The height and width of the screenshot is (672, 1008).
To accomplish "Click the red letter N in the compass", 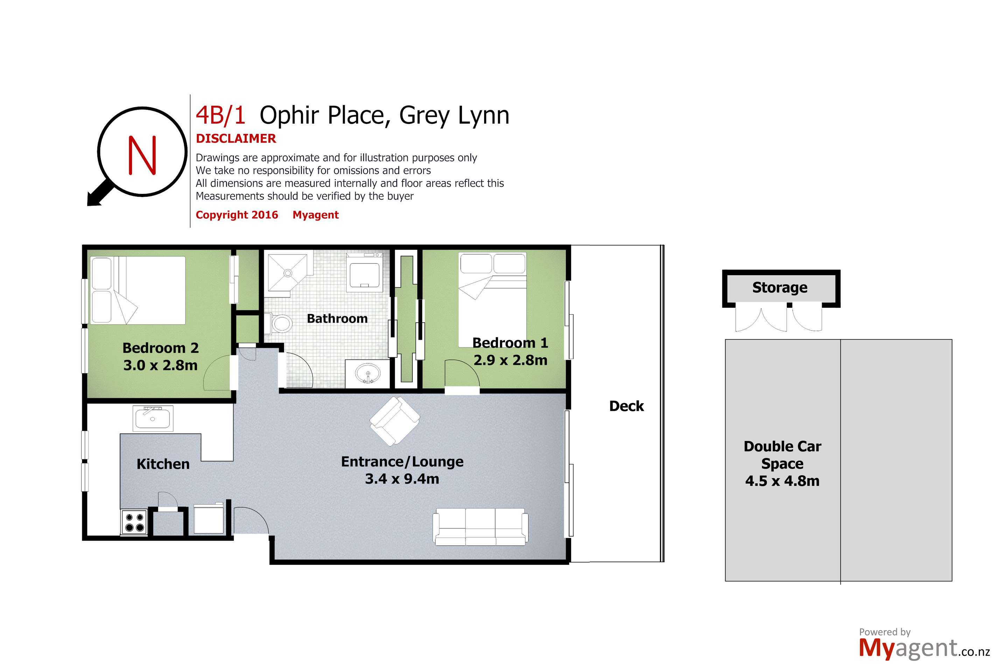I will click(x=142, y=155).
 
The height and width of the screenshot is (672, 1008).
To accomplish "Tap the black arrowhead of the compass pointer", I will click(x=93, y=200).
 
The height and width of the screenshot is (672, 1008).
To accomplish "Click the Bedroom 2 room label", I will click(x=160, y=348).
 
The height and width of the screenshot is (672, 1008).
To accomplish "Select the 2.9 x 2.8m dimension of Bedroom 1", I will click(x=510, y=360).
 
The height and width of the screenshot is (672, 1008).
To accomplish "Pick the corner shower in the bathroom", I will click(x=286, y=273).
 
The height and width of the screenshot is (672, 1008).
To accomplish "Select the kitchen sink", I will click(x=153, y=418).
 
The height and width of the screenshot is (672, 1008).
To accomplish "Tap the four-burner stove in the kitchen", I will click(x=134, y=522).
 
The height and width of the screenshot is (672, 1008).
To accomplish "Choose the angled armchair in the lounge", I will click(x=394, y=421).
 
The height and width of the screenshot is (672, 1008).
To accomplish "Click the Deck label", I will click(x=626, y=406).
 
